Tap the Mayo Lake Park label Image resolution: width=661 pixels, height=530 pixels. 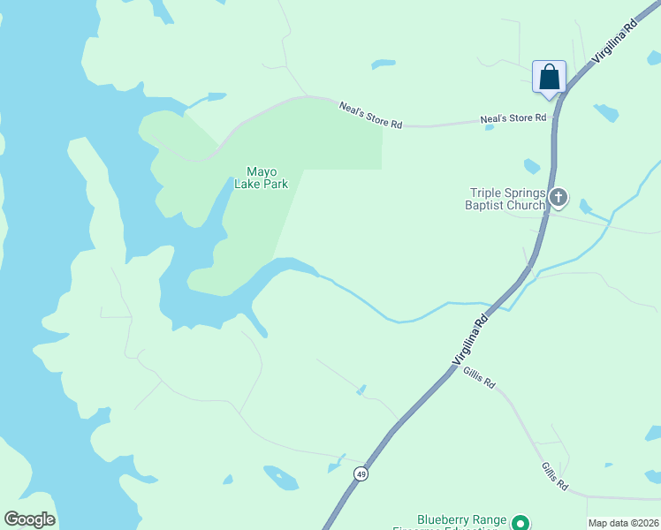coord(262,178)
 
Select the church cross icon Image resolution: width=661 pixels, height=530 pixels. coord(558,198)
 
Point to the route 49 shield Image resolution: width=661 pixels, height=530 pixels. coord(361,474)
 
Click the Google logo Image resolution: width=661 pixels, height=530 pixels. coord(29,519)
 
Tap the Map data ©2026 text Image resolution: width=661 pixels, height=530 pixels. coord(623,523)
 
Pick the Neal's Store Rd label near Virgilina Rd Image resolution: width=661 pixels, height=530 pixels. coord(513,117)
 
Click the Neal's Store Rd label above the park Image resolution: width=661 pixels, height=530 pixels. coord(370,115)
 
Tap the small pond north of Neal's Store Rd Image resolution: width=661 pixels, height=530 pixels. coord(384,64)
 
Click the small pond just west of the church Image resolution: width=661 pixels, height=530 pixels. coord(531,166)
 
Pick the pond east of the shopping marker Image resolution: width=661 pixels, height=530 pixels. coord(606,112)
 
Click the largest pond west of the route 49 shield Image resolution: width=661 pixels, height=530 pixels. coord(281,478)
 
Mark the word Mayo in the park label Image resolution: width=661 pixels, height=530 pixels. coord(262,171)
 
